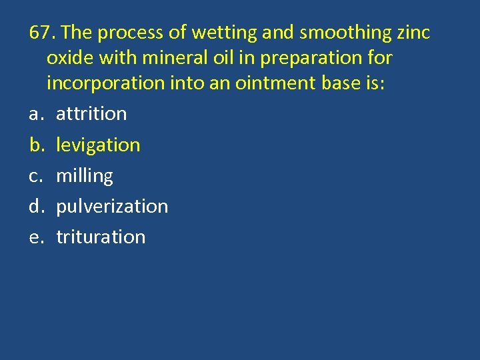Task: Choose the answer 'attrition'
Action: point(91,114)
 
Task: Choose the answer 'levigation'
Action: point(98,145)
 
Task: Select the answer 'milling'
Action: point(85,176)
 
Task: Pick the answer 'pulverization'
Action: point(112,207)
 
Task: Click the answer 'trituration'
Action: point(101,237)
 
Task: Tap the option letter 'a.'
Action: point(36,114)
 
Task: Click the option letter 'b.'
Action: point(36,145)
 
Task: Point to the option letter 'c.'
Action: point(36,176)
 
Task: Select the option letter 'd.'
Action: point(36,207)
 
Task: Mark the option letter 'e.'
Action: point(36,237)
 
